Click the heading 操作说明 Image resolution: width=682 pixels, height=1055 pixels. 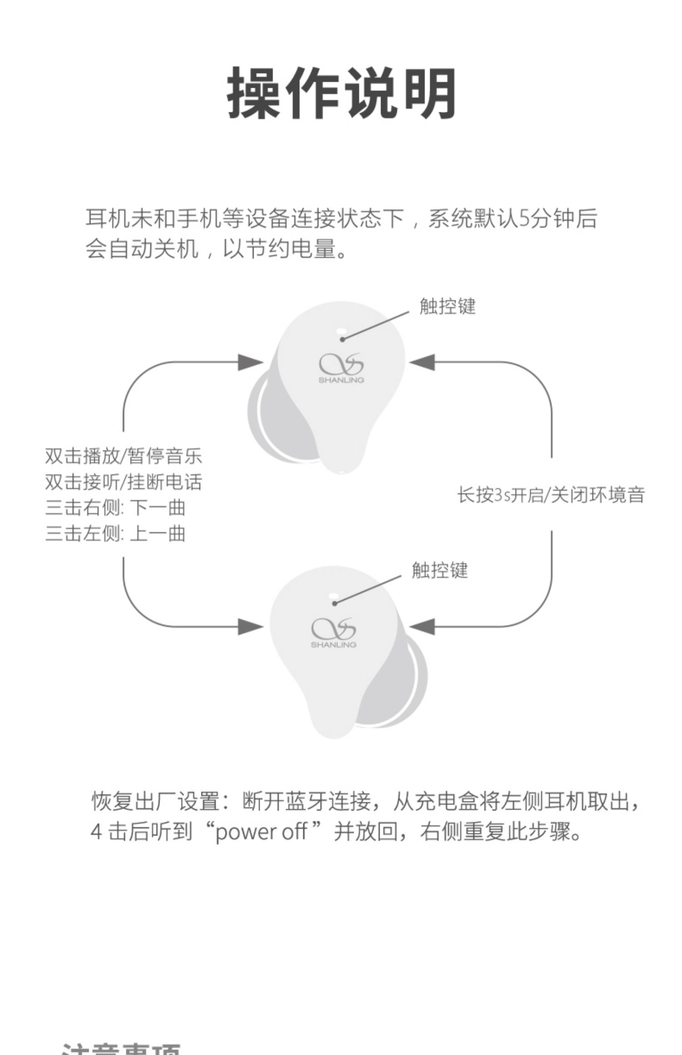click(x=341, y=93)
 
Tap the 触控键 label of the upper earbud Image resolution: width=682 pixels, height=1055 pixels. click(x=447, y=307)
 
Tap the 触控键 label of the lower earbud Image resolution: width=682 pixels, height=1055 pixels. click(x=440, y=570)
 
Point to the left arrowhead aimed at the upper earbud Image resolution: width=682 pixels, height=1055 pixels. click(x=251, y=363)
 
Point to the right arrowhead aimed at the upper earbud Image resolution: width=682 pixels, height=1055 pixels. click(x=422, y=363)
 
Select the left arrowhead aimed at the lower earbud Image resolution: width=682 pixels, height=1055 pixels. click(x=251, y=627)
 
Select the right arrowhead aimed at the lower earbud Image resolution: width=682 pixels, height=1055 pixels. click(x=422, y=627)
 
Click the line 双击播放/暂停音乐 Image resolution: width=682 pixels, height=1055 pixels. click(x=123, y=456)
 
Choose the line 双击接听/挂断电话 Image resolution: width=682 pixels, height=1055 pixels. click(x=123, y=482)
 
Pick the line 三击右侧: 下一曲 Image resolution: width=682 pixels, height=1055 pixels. click(x=115, y=508)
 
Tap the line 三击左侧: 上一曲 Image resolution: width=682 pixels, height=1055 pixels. click(x=115, y=534)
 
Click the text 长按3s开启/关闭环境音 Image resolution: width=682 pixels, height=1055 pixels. click(x=551, y=495)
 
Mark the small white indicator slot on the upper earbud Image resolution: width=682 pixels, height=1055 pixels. click(x=341, y=331)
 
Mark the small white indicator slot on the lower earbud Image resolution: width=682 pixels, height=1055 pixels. click(x=333, y=595)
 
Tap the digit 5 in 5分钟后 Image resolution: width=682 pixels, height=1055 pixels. click(x=524, y=219)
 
